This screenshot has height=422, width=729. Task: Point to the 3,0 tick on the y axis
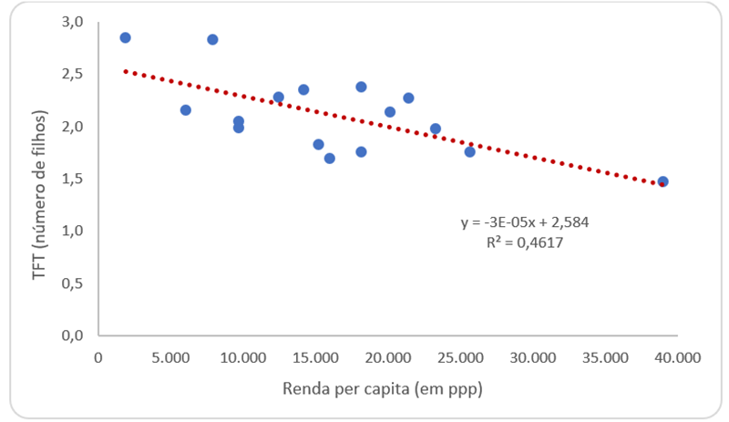(x=77, y=21)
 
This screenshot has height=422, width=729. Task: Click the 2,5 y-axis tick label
(x=77, y=74)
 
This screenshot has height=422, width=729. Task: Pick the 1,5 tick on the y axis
(x=77, y=179)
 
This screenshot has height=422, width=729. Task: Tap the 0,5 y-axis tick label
(x=77, y=283)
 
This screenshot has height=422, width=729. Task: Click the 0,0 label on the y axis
(x=77, y=336)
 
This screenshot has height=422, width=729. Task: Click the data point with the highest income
(x=662, y=181)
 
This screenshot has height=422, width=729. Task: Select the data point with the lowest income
(x=126, y=37)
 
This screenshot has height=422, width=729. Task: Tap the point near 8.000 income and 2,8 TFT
(x=212, y=39)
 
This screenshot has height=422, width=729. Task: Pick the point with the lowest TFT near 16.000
(x=330, y=158)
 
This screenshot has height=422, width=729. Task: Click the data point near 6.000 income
(x=186, y=109)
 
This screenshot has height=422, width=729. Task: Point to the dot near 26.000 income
(x=469, y=151)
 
